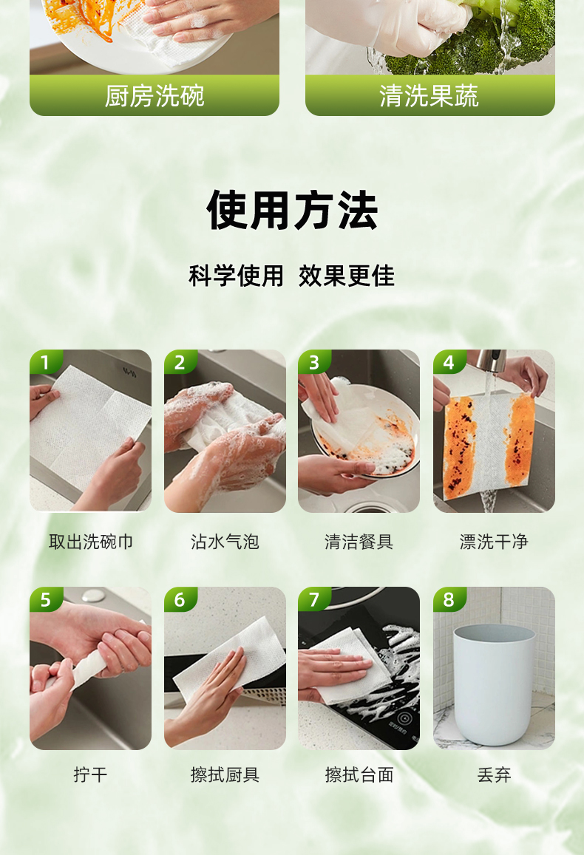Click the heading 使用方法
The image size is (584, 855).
coord(292,211)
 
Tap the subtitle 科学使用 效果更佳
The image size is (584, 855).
coord(292,276)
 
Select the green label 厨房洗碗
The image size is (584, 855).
coord(155,95)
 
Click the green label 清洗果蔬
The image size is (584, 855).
coord(429,95)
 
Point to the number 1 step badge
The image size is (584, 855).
coord(44,361)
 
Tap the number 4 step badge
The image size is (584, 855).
coord(449,361)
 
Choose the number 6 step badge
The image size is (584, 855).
coord(180,599)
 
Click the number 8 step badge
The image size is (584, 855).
coord(449,599)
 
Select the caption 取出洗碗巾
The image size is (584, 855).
coord(90,542)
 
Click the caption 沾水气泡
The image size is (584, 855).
coord(225,542)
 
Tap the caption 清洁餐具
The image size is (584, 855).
coord(359,542)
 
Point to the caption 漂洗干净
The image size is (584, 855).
coord(494,542)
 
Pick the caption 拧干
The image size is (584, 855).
coord(90,774)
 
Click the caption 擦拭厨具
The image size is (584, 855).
coord(225,774)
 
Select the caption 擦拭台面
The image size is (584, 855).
coord(359,774)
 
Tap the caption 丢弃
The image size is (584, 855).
coord(494,774)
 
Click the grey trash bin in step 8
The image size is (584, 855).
coord(494,684)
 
